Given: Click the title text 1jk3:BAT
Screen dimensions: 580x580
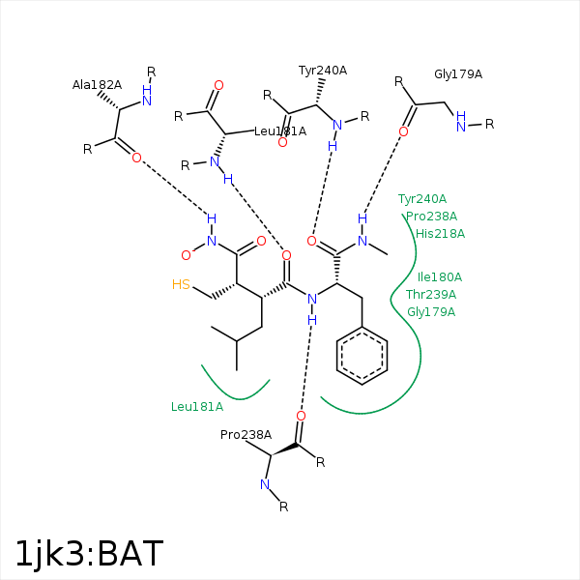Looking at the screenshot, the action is (89, 554).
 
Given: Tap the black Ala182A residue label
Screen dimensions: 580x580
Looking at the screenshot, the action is (97, 85).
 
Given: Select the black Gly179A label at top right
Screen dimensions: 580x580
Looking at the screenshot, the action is (458, 74).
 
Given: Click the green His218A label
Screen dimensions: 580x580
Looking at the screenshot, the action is (440, 234).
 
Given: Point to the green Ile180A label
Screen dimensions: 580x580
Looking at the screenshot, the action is (440, 277).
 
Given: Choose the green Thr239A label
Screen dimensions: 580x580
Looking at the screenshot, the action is (431, 295).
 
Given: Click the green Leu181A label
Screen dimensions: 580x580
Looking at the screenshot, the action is (197, 407).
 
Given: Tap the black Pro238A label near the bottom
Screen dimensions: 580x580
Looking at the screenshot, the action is (246, 435).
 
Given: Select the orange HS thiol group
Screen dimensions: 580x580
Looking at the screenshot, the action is (181, 284).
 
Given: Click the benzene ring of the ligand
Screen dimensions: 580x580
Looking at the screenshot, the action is (362, 356).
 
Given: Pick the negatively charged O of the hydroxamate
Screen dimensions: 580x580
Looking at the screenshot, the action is (187, 255).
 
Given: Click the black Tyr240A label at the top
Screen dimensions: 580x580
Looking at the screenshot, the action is (323, 71).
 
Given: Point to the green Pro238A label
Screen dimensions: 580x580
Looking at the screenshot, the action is (432, 216).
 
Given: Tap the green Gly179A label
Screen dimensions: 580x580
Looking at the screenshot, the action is (431, 312).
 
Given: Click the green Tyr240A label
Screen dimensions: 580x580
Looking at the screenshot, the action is (422, 199).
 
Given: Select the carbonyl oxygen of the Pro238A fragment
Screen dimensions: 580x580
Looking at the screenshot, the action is (301, 416).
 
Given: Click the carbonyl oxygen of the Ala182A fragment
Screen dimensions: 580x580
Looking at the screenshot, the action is (136, 158).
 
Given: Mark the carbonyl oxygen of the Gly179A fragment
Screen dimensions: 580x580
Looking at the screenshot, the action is (403, 131).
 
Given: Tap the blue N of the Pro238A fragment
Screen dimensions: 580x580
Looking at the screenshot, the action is (265, 484).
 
